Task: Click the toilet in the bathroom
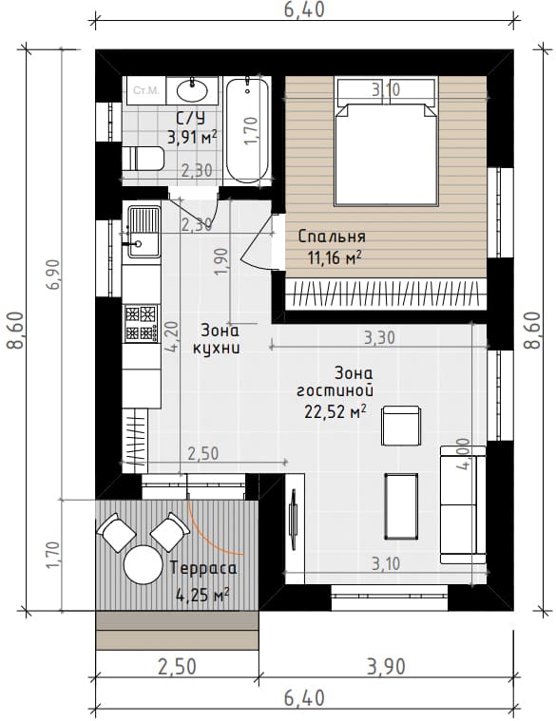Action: (x=143, y=159)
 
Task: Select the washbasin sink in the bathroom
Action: (x=192, y=90)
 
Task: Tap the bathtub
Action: (x=247, y=131)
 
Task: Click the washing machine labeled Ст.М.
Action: (x=146, y=90)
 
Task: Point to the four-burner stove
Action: (x=142, y=323)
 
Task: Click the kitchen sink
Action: (x=142, y=231)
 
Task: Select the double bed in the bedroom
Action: (x=386, y=142)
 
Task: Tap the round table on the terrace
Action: (x=143, y=564)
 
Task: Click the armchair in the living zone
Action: (x=400, y=426)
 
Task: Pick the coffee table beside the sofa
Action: (x=401, y=506)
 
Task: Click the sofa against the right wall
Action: (x=463, y=504)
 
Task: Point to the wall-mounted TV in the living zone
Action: (x=293, y=519)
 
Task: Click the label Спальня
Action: (x=332, y=237)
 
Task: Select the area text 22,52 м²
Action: (x=335, y=411)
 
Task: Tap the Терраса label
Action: (x=203, y=568)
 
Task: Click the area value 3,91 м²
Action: (x=192, y=138)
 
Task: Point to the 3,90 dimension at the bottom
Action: (x=386, y=667)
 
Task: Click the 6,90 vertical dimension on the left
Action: (x=53, y=274)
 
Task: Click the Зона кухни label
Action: (x=216, y=339)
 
